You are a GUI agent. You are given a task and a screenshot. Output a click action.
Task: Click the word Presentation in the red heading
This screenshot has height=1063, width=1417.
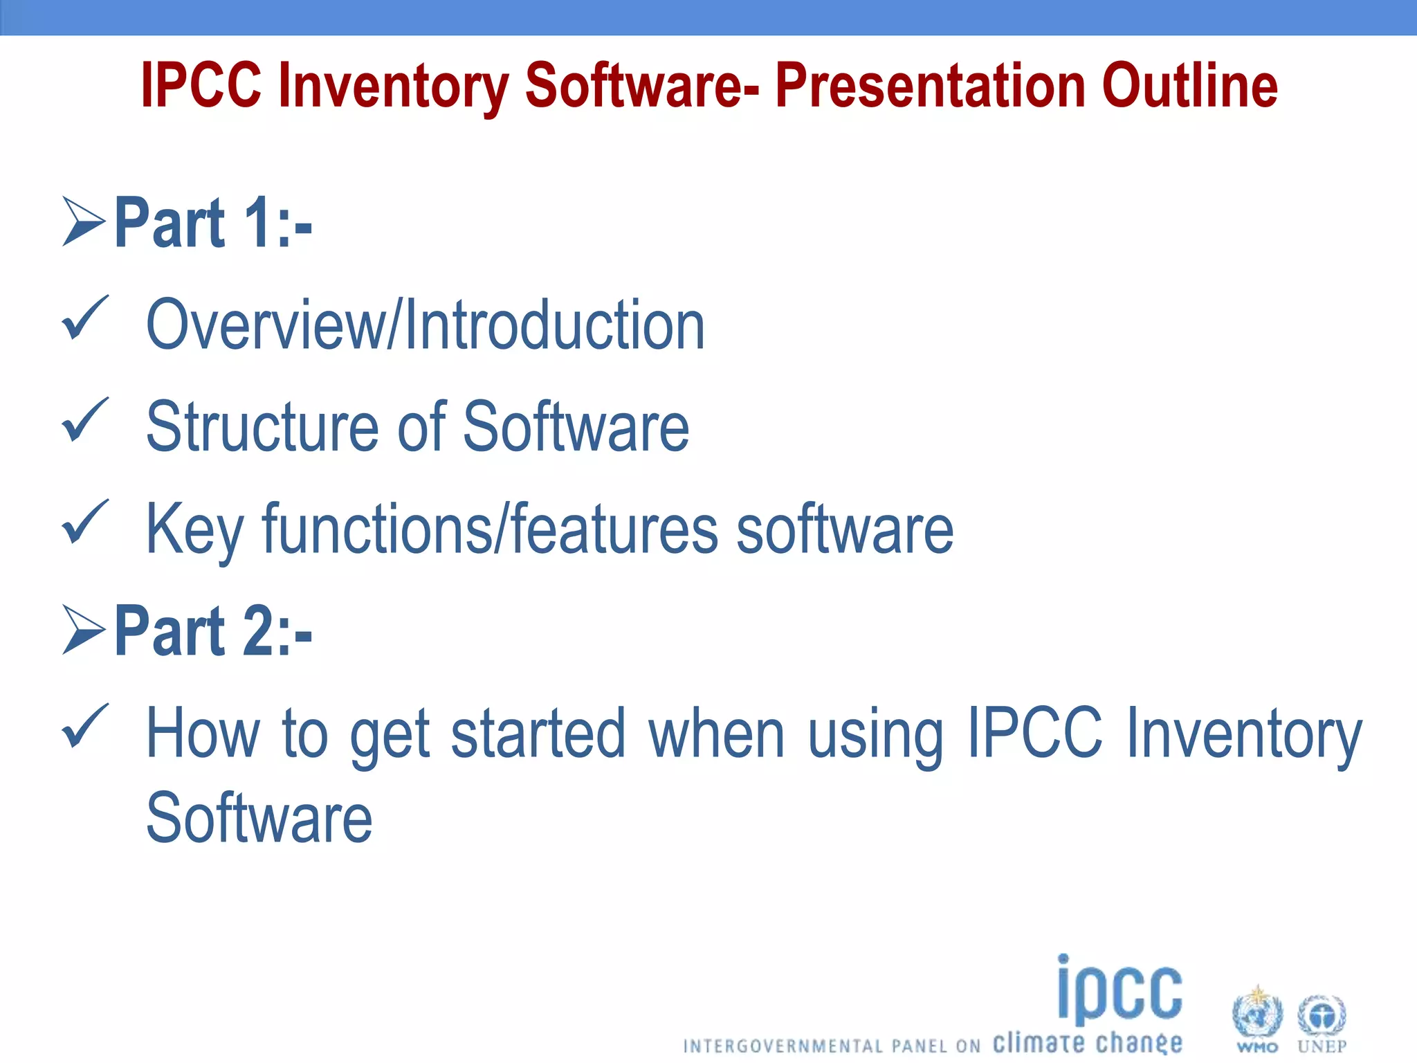[x=931, y=87]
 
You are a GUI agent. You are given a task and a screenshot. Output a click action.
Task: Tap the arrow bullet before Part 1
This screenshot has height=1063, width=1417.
[x=84, y=221]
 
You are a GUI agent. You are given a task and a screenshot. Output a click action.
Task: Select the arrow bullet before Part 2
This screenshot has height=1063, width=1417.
[x=84, y=630]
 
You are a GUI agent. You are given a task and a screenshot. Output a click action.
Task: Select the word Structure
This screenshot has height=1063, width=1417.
[x=262, y=426]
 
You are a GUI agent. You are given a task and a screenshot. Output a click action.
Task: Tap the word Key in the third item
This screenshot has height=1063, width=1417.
[x=194, y=530]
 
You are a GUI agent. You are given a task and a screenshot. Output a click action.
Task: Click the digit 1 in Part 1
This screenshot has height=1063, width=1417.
[x=258, y=223]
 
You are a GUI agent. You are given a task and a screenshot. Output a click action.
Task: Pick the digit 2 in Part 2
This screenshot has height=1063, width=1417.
[x=258, y=631]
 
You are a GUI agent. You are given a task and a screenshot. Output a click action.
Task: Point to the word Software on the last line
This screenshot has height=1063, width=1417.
[x=259, y=818]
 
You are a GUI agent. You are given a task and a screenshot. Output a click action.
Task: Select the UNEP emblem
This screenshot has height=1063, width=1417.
[x=1322, y=1017]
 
